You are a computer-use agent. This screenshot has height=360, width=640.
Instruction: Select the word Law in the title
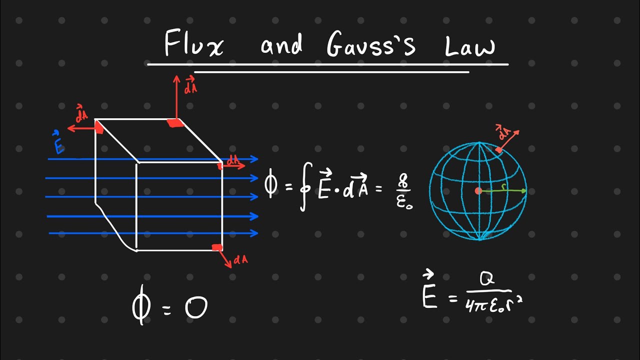[x=469, y=46]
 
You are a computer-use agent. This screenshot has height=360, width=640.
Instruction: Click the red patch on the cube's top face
[x=175, y=123]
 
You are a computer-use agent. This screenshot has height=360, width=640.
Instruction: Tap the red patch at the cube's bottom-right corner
[x=217, y=247]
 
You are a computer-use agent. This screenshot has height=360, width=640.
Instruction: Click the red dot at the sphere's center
[x=478, y=191]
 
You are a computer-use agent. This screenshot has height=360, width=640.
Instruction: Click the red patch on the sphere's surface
[x=498, y=149]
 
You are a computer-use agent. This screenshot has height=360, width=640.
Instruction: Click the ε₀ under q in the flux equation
[x=404, y=202]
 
